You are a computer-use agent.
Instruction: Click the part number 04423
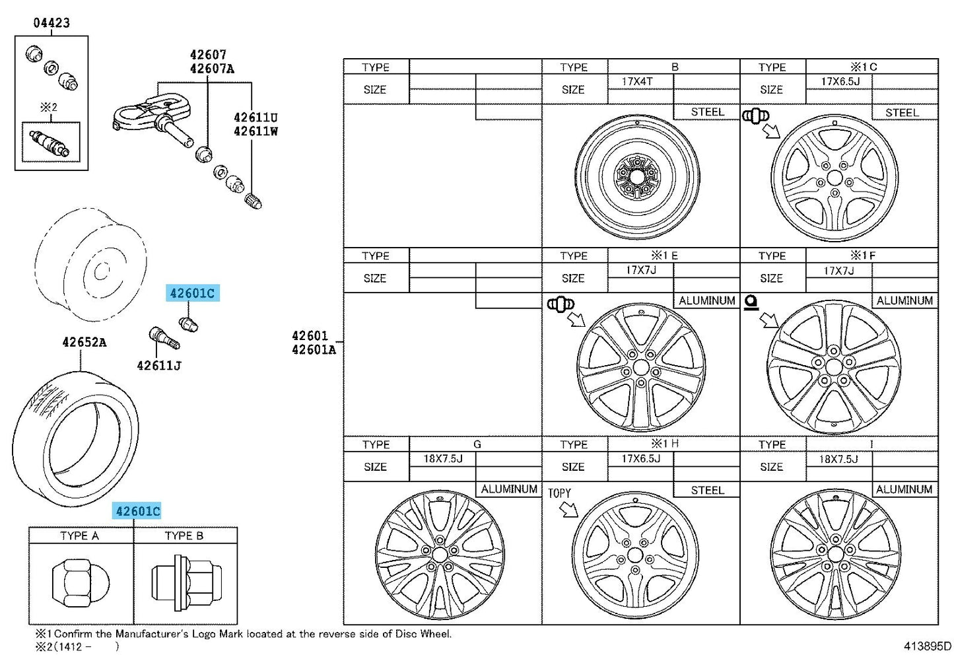pyautogui.click(x=51, y=22)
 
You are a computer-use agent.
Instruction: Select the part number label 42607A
pyautogui.click(x=212, y=69)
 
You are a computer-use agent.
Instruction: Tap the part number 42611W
pyautogui.click(x=256, y=131)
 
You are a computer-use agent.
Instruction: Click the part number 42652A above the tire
pyautogui.click(x=85, y=342)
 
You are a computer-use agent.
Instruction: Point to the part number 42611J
pyautogui.click(x=159, y=366)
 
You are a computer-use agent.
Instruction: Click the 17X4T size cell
pyautogui.click(x=637, y=81)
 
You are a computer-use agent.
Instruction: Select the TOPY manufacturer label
pyautogui.click(x=559, y=493)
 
